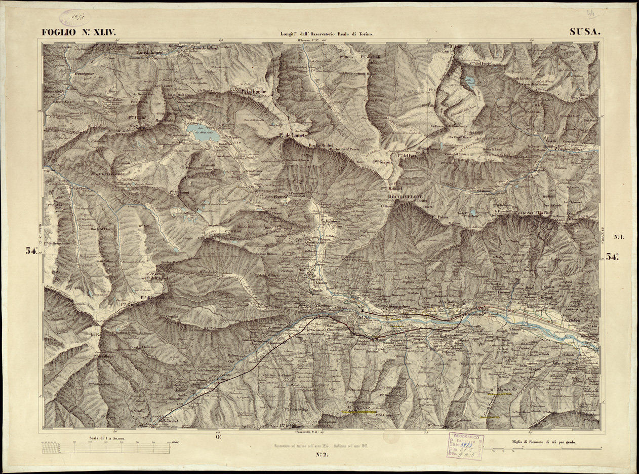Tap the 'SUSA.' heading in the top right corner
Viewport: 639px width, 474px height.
click(x=585, y=31)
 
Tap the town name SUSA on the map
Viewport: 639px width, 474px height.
click(x=365, y=317)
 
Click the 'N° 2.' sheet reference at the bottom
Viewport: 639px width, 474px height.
click(x=323, y=454)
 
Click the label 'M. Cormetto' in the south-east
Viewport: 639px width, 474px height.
click(x=499, y=389)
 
